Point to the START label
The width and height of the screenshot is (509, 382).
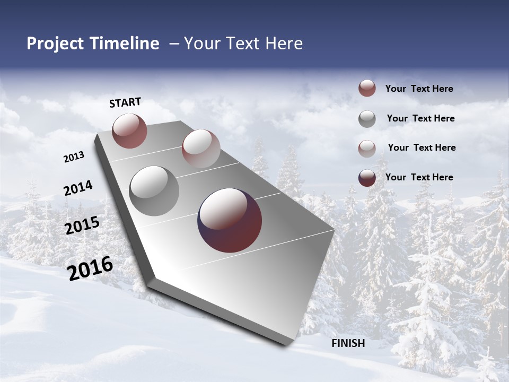pos(125,102)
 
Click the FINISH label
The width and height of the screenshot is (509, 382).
pos(348,343)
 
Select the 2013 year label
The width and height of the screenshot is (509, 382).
pos(74,157)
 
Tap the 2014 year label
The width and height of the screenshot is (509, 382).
pos(78,188)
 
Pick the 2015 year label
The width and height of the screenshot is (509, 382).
pos(82,226)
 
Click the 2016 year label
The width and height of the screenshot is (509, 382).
pos(90,268)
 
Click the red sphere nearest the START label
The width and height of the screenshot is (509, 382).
pos(129,131)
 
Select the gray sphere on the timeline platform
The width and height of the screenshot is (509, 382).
pos(154,191)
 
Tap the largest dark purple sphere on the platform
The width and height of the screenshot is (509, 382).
pos(230,220)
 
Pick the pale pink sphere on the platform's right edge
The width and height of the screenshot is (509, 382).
pos(201,149)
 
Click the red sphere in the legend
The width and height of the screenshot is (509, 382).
pos(367,89)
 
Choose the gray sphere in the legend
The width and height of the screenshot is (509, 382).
pos(367,119)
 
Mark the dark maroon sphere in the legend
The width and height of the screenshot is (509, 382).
pos(367,178)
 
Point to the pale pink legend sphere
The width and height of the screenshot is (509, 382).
pos(367,148)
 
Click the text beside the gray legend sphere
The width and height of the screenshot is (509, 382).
pos(420,118)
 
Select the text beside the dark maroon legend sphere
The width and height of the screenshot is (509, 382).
pos(419,177)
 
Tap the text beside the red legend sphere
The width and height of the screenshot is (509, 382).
pos(419,89)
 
